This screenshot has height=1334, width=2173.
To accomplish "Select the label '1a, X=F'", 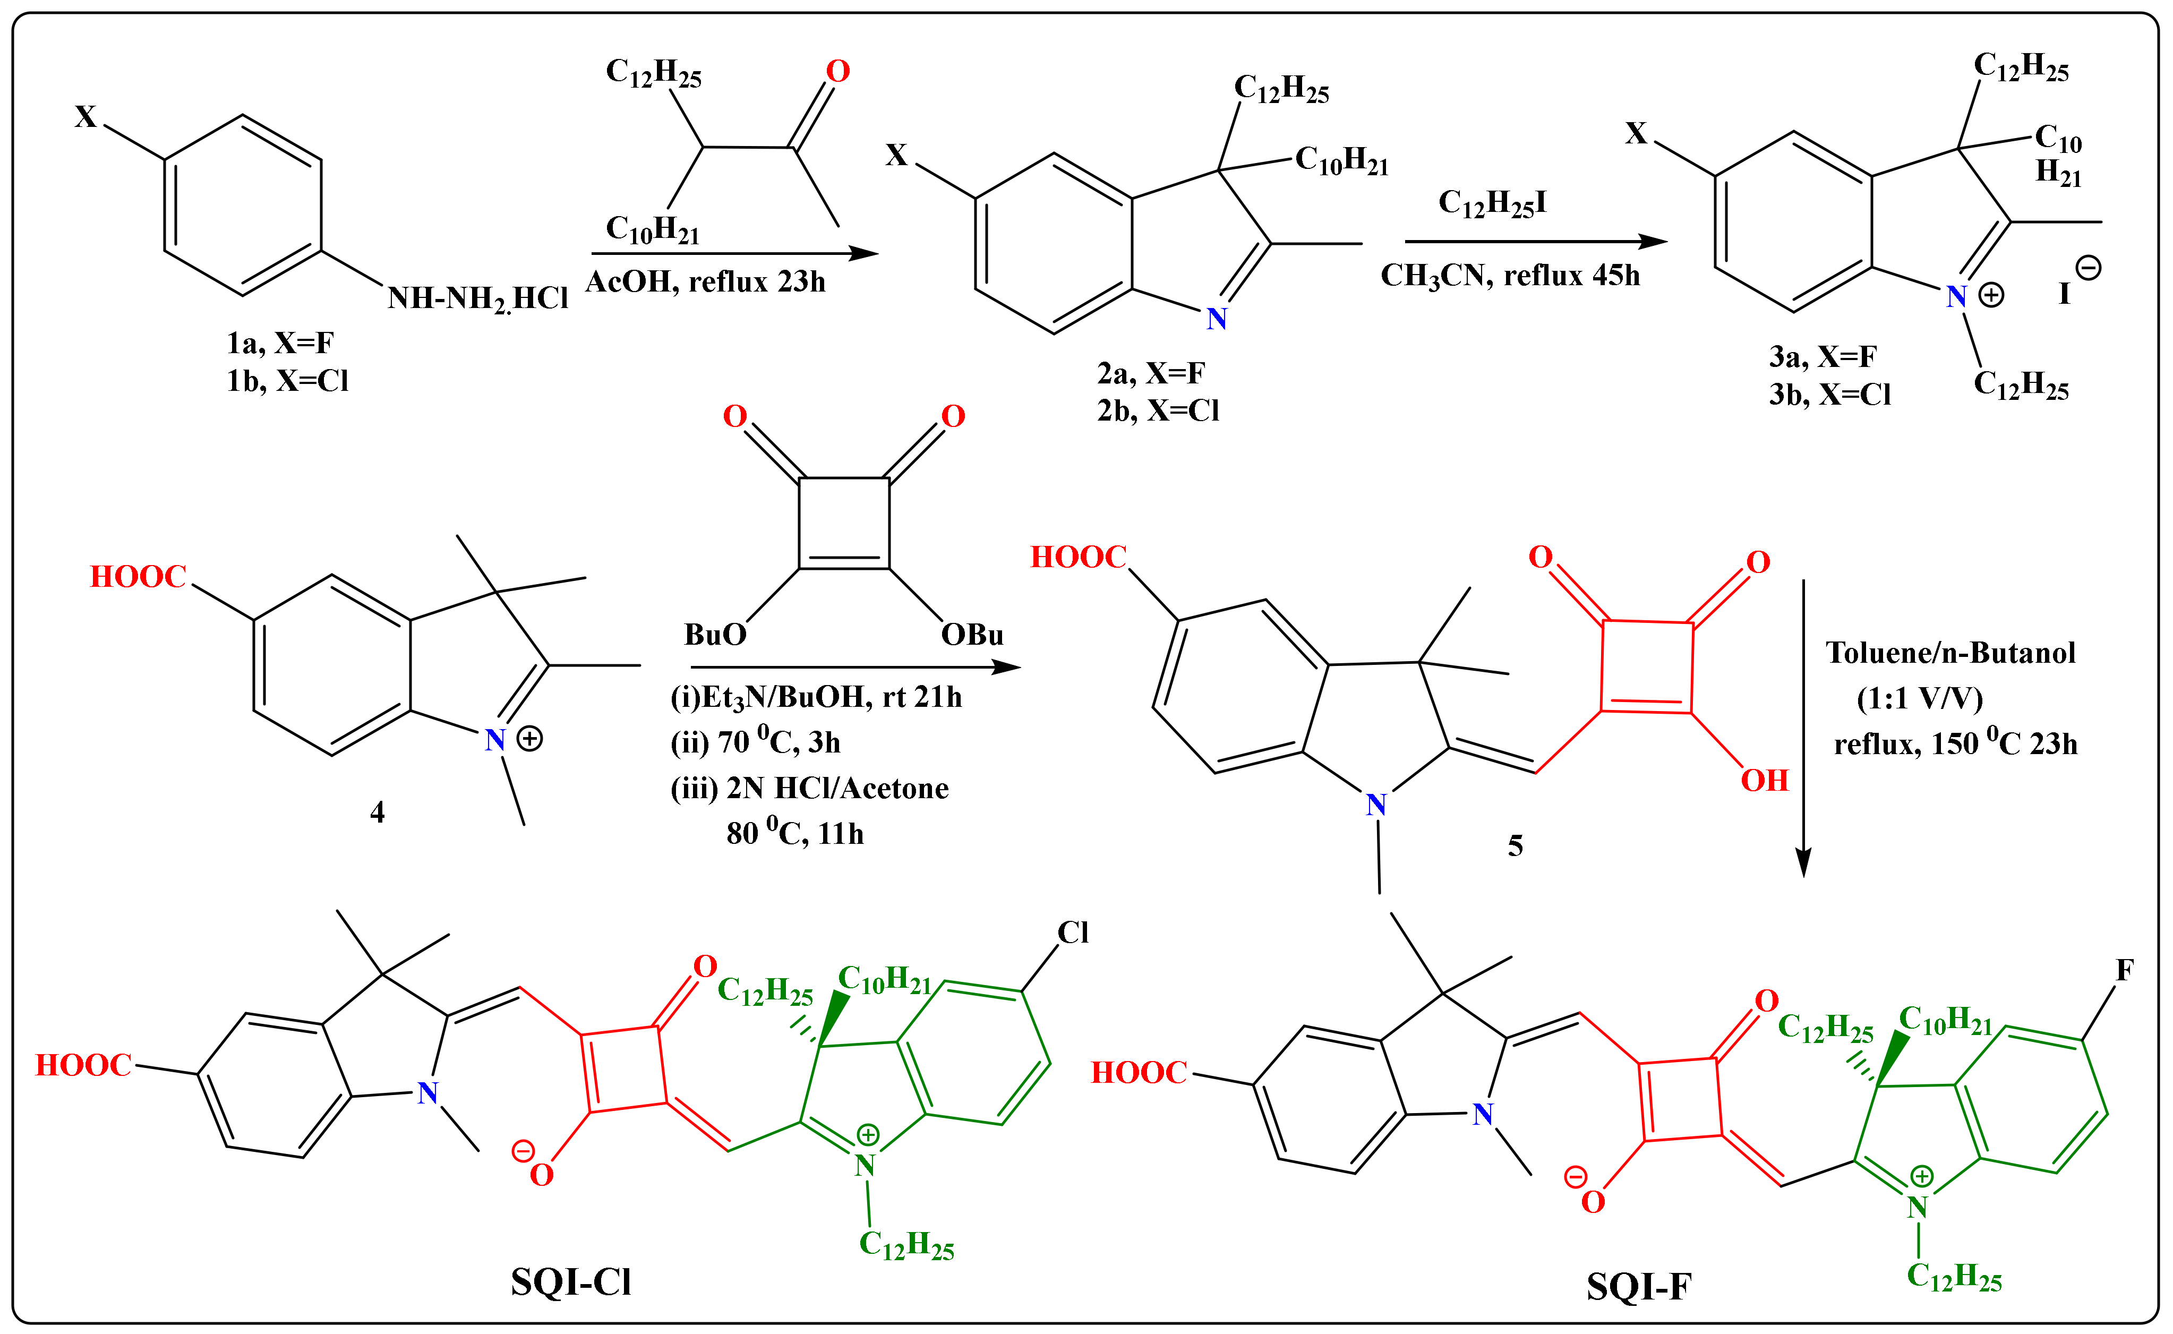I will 280,343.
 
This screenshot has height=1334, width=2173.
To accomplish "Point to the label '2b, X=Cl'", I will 1158,411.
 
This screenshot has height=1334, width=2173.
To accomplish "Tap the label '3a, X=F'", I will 1822,356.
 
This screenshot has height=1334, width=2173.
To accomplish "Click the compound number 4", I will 378,811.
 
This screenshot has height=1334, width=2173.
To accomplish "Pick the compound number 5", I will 1515,846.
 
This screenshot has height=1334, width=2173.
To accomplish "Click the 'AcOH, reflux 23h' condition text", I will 706,281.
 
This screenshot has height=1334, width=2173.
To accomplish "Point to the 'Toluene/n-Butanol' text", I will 1950,653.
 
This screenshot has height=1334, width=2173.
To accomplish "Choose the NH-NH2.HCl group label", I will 478,299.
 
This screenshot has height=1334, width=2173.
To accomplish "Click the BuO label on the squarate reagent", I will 715,635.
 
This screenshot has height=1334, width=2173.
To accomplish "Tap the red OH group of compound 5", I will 1765,781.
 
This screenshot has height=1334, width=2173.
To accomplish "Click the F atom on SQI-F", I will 2125,971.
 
